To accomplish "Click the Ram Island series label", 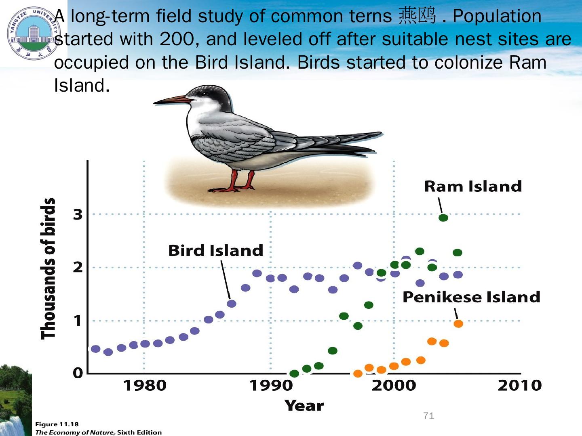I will click(x=473, y=187).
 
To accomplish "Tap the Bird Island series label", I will click(x=215, y=251).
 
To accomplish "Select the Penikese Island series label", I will click(x=471, y=297).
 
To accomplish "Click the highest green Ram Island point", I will click(x=443, y=218).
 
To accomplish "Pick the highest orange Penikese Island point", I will click(x=458, y=324).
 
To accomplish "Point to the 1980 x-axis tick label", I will click(x=145, y=386).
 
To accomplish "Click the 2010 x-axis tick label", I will click(x=520, y=386).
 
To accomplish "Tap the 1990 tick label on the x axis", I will click(x=271, y=386).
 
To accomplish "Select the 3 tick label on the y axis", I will click(x=78, y=214).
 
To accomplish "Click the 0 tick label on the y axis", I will click(x=78, y=373).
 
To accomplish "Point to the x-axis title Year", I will click(x=304, y=406).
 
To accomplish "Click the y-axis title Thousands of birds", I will click(x=48, y=268).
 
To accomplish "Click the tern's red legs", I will click(x=242, y=180).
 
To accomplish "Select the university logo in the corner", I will click(x=32, y=33).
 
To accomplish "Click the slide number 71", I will click(x=428, y=416).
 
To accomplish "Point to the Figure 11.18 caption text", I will click(x=57, y=424).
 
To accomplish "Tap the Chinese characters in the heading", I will click(x=417, y=16).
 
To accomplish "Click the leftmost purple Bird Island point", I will click(x=95, y=349).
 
